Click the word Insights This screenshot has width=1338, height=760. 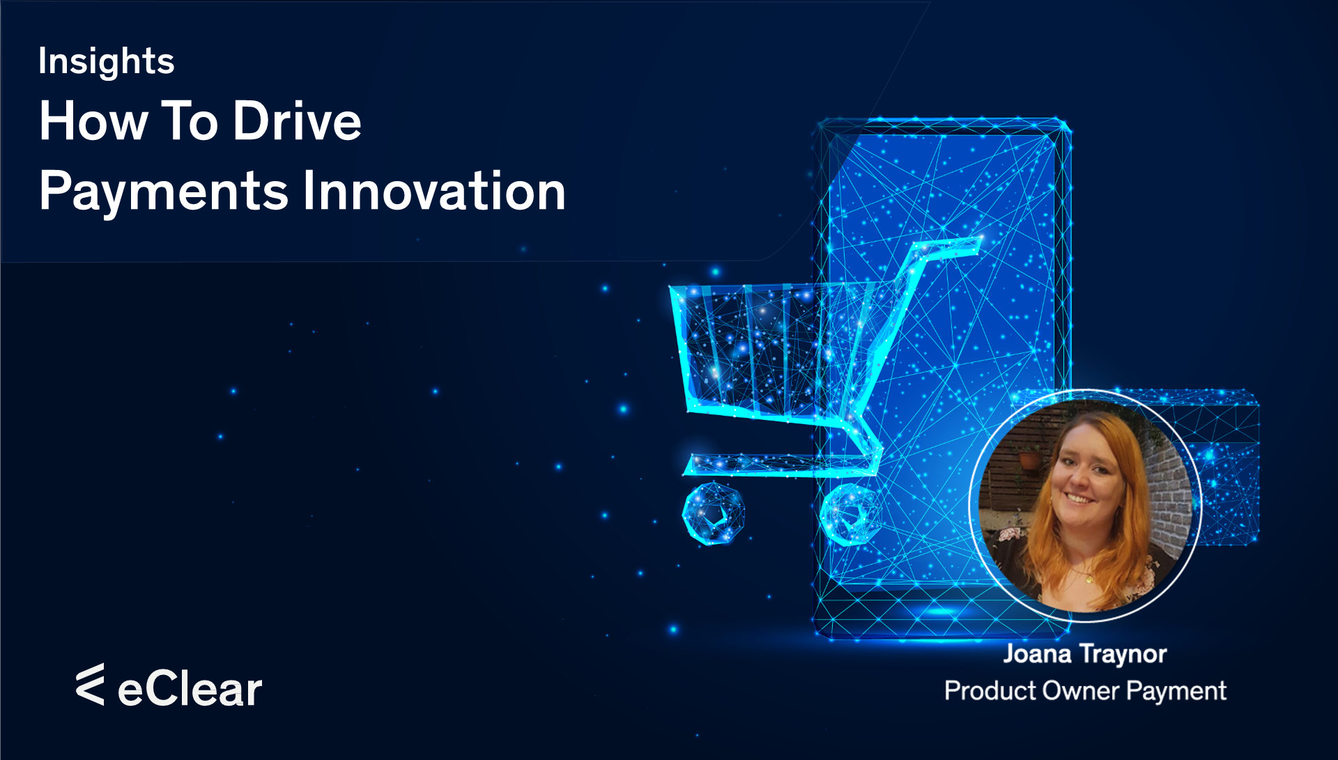click(106, 61)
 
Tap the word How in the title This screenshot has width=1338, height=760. click(93, 121)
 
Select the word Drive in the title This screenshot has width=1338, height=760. click(297, 121)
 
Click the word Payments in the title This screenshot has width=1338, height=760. click(164, 192)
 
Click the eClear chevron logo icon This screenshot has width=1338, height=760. click(91, 684)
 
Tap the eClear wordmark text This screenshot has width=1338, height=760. click(190, 690)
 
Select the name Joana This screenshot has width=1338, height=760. click(1037, 654)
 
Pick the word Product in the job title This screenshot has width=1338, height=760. click(990, 691)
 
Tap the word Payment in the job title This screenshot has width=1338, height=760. click(1176, 691)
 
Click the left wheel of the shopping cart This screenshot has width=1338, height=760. click(713, 514)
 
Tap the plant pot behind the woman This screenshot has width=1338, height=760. click(1028, 459)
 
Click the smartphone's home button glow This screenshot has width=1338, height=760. click(941, 612)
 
